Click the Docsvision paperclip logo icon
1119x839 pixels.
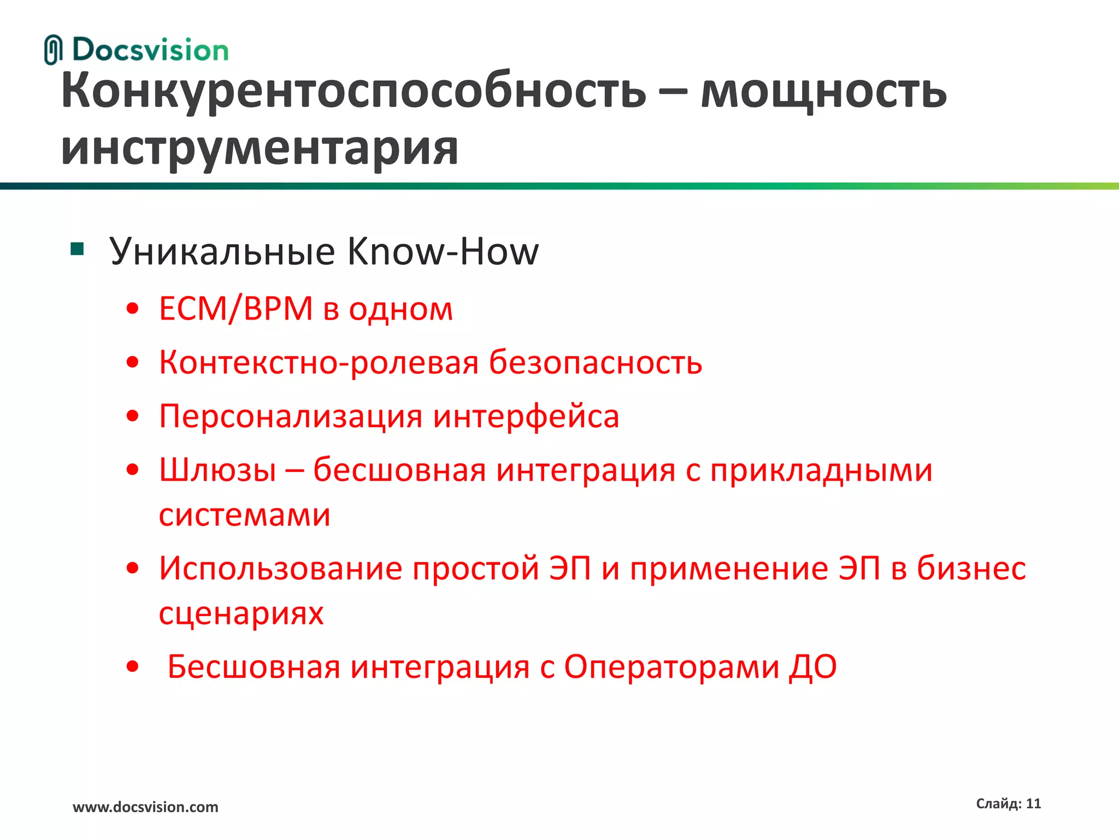pos(53,50)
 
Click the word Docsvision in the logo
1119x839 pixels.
pos(150,50)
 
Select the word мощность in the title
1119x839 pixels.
pos(823,91)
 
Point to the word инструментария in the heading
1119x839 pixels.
pos(260,149)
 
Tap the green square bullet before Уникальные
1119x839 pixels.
pos(78,250)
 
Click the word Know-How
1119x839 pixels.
pos(443,252)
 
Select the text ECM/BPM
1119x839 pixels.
pos(235,309)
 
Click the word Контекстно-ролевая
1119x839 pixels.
pos(319,362)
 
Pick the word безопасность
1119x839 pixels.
pos(595,362)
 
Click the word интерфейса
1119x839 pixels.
pos(526,416)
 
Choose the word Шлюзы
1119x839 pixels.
pos(217,470)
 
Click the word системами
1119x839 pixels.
pos(245,515)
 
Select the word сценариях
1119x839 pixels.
pos(241,613)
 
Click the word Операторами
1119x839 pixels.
pos(672,667)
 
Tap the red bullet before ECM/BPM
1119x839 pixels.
pos(132,309)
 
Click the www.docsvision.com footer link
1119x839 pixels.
pos(145,807)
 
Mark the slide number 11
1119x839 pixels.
pos(1033,803)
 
